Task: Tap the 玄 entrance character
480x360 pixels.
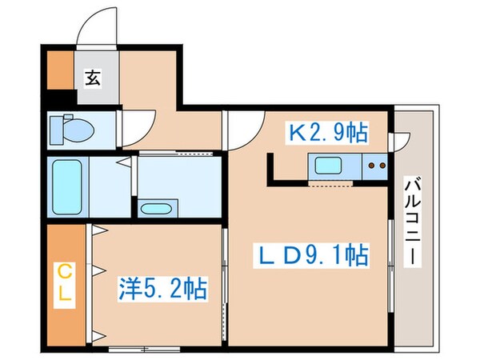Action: [x=93, y=78]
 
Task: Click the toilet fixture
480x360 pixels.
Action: [x=70, y=128]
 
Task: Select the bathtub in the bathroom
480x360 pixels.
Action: [x=66, y=186]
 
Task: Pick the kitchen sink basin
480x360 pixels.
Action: [x=329, y=167]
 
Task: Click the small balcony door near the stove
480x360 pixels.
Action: [x=398, y=141]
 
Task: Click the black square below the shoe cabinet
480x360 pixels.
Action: [x=58, y=101]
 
